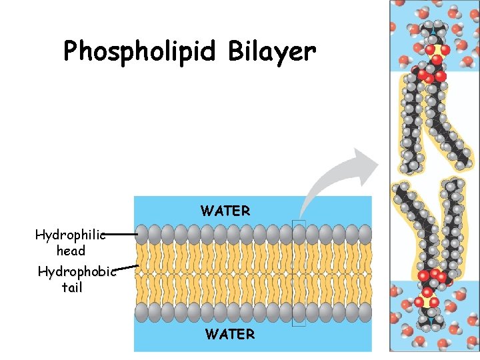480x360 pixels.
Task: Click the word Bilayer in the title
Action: [x=271, y=50]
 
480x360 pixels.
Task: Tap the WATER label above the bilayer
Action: [x=225, y=211]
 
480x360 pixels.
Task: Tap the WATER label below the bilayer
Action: [x=230, y=334]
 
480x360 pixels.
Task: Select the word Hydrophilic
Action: [x=70, y=235]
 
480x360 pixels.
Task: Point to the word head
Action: [x=71, y=251]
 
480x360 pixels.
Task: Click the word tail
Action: [x=71, y=288]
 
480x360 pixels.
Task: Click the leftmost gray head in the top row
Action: [x=143, y=233]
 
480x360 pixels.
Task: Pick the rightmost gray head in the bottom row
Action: [x=363, y=312]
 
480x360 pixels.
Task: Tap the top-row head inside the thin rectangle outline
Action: [x=299, y=233]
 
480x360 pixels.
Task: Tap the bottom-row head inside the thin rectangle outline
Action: [x=299, y=312]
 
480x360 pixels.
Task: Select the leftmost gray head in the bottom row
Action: [x=143, y=312]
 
